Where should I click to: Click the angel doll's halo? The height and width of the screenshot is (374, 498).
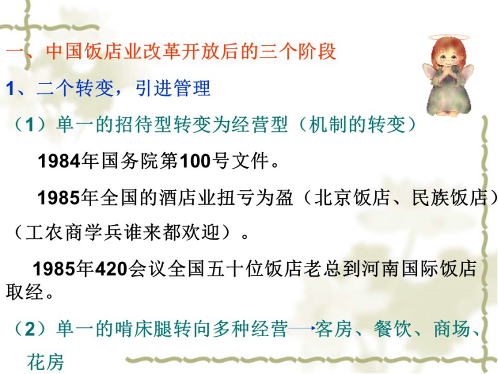pos(448,37)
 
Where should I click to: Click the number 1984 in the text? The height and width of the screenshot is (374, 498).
pos(59,160)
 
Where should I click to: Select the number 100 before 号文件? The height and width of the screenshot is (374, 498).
pos(196,160)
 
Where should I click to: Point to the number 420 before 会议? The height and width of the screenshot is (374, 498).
pos(111,268)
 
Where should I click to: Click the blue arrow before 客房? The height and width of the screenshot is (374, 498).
pos(302,328)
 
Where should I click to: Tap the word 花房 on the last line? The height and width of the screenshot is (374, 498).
pos(46,361)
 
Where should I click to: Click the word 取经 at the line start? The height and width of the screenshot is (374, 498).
pos(25,291)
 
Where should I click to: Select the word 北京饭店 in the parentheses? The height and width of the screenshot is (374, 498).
pos(352,198)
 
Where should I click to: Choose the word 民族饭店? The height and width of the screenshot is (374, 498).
pos(450,198)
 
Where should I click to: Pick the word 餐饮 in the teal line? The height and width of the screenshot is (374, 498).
pos(392,328)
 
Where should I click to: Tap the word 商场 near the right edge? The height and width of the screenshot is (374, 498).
pos(452,328)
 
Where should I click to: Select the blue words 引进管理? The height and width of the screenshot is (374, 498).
pos(173,88)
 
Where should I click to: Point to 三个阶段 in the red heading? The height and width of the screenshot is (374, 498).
pos(298,51)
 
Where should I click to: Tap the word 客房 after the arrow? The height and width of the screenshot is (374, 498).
pos(334,328)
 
